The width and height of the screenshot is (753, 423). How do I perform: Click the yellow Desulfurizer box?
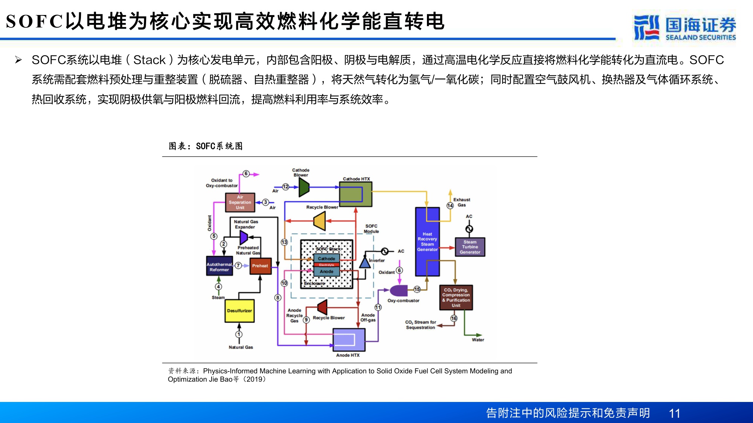239,311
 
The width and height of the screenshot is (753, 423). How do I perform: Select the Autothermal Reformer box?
219,267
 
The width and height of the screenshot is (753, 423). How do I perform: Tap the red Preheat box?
260,266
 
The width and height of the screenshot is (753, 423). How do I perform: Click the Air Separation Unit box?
240,202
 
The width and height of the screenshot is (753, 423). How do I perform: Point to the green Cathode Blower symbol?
303,187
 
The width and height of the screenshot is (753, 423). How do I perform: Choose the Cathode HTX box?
355,194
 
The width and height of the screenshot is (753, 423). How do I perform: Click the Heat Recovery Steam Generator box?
427,241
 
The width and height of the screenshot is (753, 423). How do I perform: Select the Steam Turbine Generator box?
470,247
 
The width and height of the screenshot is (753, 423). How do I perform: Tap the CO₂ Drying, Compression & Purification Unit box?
456,297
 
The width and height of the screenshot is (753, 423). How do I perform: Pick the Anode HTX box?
349,340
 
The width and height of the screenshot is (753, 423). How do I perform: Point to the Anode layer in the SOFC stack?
326,271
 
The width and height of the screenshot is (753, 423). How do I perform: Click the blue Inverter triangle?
364,262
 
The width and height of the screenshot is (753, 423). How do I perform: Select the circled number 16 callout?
454,318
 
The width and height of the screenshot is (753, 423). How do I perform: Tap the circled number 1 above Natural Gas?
239,334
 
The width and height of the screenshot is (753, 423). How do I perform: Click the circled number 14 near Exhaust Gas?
450,205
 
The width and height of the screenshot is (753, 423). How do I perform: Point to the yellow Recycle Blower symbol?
320,221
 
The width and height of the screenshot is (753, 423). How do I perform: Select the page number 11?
674,413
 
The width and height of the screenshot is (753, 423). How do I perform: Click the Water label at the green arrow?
478,340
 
